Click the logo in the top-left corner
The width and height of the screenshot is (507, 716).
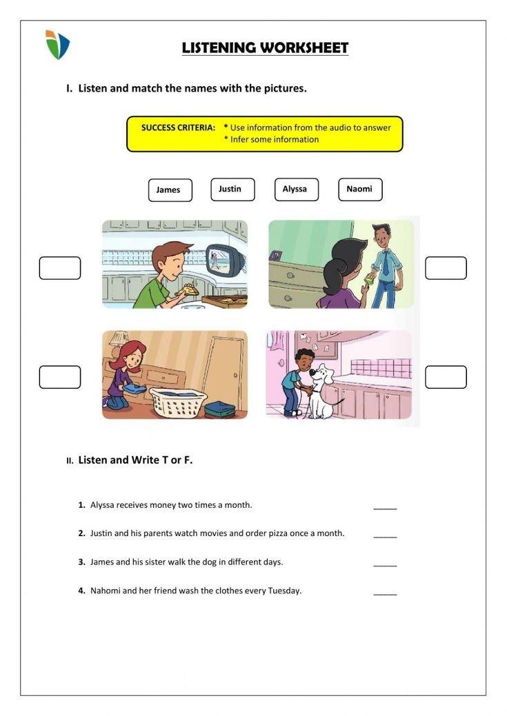point(57,44)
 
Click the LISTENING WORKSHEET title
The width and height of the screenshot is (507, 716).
point(265,48)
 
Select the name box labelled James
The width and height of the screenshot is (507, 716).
point(170,190)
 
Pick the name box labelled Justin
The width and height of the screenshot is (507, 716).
point(232,190)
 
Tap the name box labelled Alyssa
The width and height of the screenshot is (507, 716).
point(296,190)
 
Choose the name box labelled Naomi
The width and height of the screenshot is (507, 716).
point(359,190)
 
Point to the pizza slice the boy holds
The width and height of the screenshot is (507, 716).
point(186,291)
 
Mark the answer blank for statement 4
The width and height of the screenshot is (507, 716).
point(385,591)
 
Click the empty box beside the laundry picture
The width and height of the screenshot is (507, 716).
point(60,377)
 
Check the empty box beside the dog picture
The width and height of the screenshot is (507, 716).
point(446,377)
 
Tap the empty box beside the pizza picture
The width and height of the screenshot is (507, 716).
point(60,268)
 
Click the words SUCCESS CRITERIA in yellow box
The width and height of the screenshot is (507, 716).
point(178,127)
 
